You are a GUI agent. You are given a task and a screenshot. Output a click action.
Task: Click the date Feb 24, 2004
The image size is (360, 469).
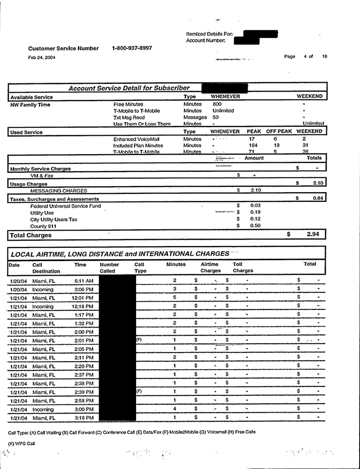42,57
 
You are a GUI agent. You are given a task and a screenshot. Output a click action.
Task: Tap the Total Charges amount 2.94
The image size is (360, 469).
312,234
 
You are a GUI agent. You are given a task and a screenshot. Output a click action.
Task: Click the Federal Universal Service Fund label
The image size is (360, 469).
65,206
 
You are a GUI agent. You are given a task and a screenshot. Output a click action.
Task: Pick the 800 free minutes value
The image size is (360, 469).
217,104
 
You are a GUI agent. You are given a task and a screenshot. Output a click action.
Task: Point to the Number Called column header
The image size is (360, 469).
109,267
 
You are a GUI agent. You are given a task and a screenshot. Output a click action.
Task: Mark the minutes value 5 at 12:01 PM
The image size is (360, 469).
175,298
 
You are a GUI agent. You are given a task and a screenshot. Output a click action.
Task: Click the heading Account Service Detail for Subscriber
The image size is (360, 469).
129,88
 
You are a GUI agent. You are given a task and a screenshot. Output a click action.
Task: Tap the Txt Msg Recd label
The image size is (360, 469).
129,117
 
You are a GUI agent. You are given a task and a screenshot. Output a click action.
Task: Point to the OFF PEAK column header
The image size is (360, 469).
280,132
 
